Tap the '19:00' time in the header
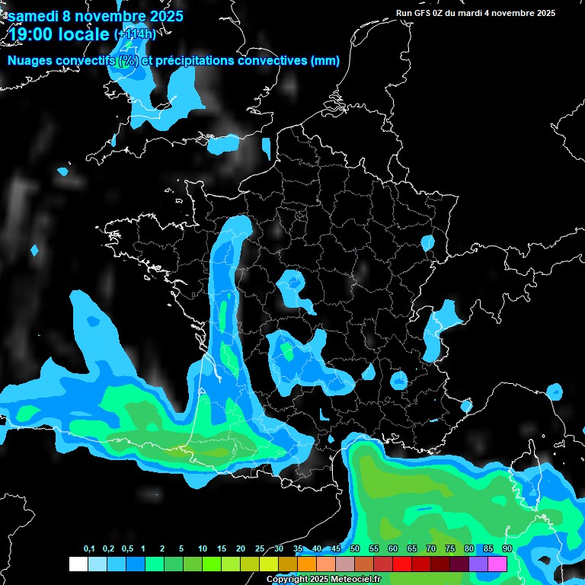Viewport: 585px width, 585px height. (x=30, y=33)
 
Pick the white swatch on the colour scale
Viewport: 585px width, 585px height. (x=78, y=564)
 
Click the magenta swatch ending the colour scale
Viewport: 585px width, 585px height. (x=497, y=564)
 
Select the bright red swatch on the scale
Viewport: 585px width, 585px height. (x=402, y=564)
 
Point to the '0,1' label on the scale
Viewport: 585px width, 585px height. (x=89, y=549)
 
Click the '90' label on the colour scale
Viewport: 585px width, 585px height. (x=507, y=549)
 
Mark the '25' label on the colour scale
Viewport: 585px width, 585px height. (x=260, y=549)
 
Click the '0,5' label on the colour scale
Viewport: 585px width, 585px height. (x=127, y=549)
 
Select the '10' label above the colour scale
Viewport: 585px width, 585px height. (x=203, y=549)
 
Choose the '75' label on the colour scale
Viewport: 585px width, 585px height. (x=450, y=549)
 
